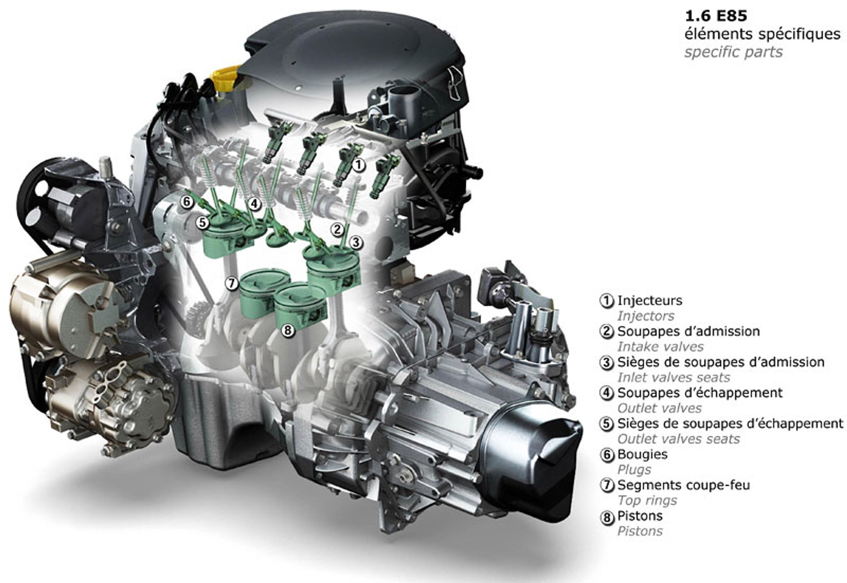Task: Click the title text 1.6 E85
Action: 715,16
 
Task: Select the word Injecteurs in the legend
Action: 649,301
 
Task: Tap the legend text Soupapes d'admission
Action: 688,331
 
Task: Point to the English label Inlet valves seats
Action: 673,377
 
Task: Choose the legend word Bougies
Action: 642,454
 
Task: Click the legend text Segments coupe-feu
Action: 683,485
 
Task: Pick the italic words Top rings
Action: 647,500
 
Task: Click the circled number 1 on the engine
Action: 358,165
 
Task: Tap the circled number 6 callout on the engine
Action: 187,201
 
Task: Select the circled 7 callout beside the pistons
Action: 231,283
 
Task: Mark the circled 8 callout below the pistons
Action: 287,330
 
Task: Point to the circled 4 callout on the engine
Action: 255,204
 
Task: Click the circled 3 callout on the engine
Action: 356,243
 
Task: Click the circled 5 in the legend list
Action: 607,424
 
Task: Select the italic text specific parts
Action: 733,52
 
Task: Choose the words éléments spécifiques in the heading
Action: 762,34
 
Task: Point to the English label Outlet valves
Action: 659,408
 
